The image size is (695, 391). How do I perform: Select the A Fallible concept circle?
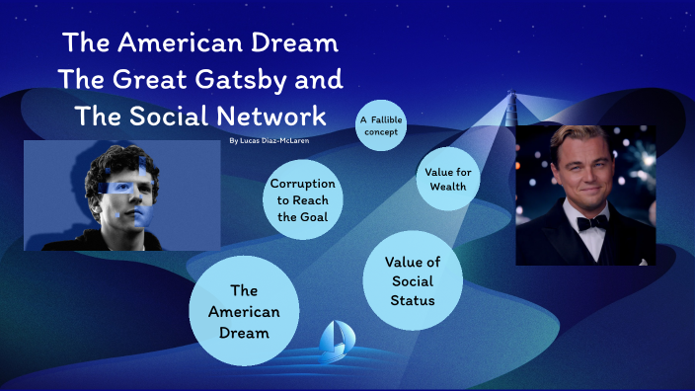[x=380, y=125]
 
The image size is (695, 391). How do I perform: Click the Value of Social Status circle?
[x=412, y=280]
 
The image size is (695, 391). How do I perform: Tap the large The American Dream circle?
[x=243, y=311]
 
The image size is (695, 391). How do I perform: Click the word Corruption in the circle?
[x=302, y=184]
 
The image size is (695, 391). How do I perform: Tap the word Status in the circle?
[x=412, y=298]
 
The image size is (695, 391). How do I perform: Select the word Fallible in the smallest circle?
[x=385, y=119]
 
